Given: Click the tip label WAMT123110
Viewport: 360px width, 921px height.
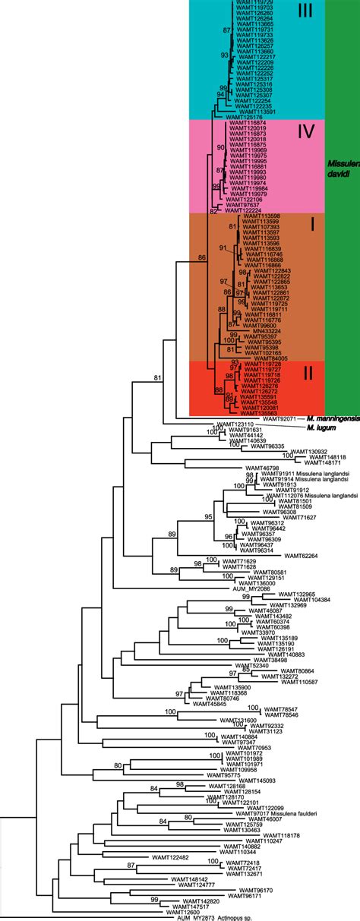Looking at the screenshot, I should point(233,424).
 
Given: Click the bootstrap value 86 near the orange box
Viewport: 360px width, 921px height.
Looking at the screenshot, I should point(201,258).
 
